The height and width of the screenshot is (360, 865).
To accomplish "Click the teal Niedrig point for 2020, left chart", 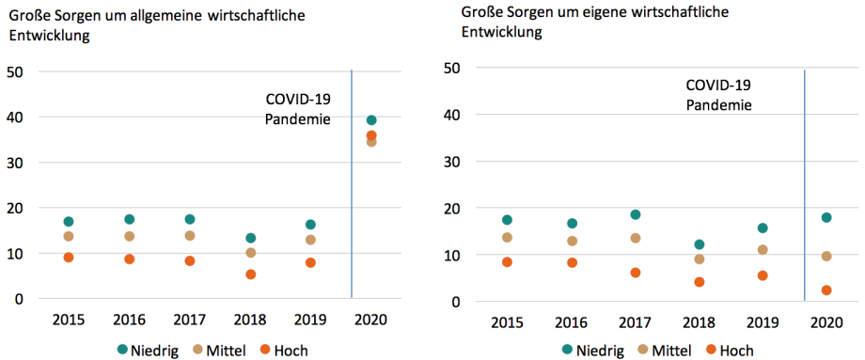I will coord(371,120).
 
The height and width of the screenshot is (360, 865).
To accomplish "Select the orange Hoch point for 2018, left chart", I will coord(251,274).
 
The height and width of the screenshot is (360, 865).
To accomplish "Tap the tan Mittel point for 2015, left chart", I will coord(69,236).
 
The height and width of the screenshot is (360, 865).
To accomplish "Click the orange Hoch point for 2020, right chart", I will coord(826,290).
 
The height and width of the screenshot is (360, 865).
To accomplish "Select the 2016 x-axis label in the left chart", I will coord(129,320).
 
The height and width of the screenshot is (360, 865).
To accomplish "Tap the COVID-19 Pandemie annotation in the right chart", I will coord(718,94).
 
